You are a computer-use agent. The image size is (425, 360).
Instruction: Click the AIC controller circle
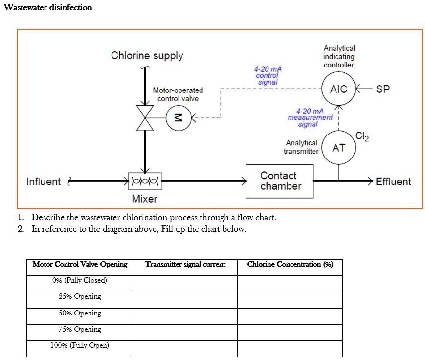coord(338,89)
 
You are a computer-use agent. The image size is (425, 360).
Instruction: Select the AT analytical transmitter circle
coord(338,147)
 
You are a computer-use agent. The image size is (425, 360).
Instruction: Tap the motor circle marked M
coord(178,118)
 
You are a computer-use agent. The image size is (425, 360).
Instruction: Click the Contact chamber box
coord(279,181)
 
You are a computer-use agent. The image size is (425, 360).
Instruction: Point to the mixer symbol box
coord(145,181)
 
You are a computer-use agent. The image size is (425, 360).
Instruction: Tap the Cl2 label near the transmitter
coord(362,136)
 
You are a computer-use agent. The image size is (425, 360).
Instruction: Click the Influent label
coord(44,182)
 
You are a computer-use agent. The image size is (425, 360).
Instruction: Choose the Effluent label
coord(393,182)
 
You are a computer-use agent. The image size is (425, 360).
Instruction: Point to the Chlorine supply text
coord(147,55)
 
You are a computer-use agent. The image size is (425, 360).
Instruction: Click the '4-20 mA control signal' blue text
coord(268,75)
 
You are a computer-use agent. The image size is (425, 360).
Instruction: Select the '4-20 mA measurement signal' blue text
coord(310,117)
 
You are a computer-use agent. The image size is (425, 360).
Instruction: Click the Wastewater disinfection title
coord(47,7)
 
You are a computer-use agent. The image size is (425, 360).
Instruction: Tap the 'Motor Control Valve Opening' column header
coord(80,264)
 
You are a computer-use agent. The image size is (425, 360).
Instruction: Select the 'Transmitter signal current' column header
coord(185,264)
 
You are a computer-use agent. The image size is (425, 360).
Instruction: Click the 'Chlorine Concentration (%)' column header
coord(290,264)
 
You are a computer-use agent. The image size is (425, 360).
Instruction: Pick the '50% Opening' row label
coord(80,313)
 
